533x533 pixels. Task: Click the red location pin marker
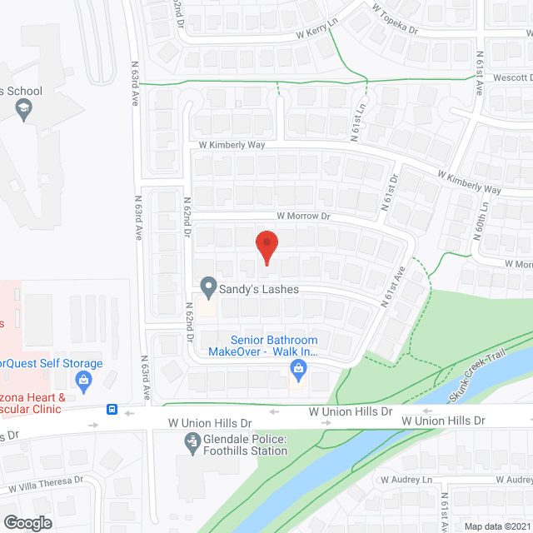(266, 247)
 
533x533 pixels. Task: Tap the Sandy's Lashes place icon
(207, 288)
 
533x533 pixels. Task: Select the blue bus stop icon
(111, 410)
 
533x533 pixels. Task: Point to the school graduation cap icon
(25, 109)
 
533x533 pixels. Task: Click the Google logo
(27, 522)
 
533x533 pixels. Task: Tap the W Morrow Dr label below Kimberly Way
(286, 215)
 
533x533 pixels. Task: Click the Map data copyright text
(496, 526)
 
